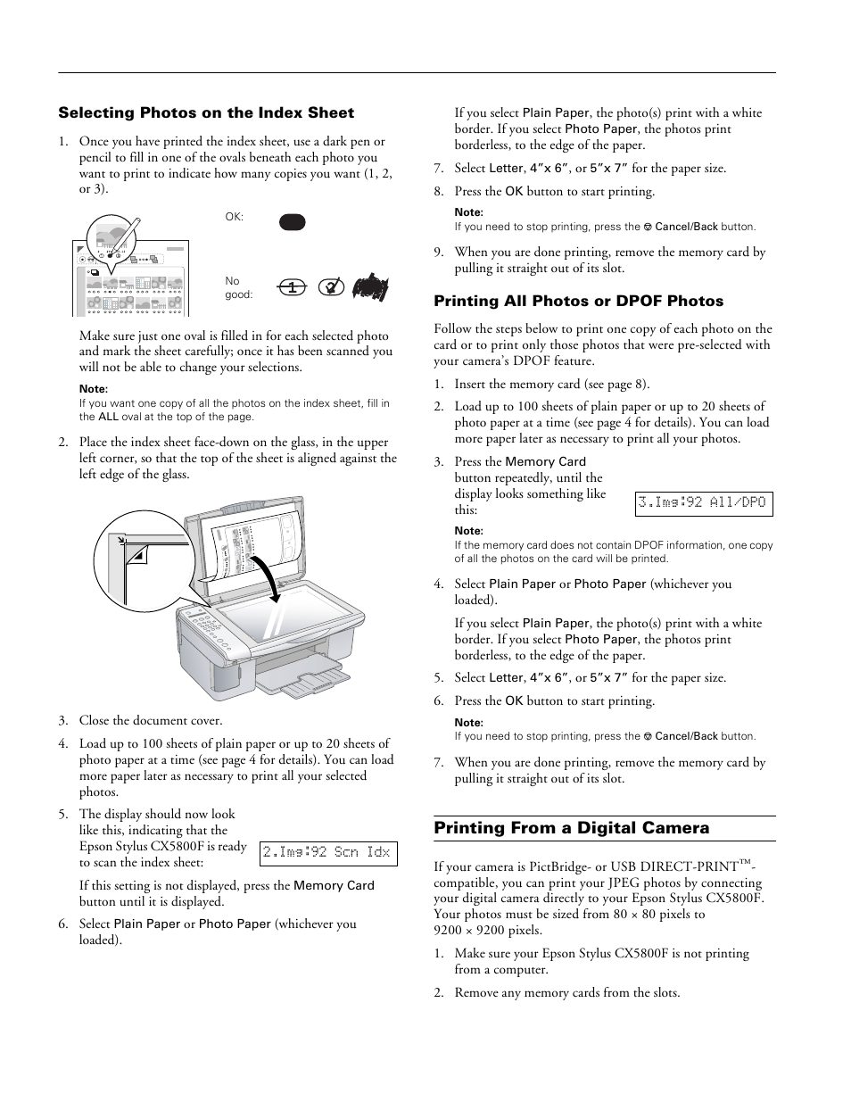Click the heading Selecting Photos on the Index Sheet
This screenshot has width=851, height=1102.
(x=206, y=113)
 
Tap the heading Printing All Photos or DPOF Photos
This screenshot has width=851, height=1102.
(x=578, y=302)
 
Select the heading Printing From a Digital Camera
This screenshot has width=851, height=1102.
(x=571, y=828)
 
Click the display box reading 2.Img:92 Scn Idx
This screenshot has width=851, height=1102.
(x=327, y=853)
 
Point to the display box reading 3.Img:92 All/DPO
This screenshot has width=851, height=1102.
(x=703, y=503)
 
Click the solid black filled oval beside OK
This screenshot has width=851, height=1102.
(x=292, y=222)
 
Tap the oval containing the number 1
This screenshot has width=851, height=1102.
(x=292, y=287)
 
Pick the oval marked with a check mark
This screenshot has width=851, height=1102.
(x=330, y=287)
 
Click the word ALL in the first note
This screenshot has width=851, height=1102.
(x=108, y=417)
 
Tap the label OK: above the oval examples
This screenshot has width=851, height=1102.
(x=235, y=217)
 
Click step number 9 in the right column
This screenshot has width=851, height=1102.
(x=438, y=253)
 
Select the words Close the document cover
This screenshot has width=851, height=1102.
(x=151, y=721)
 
